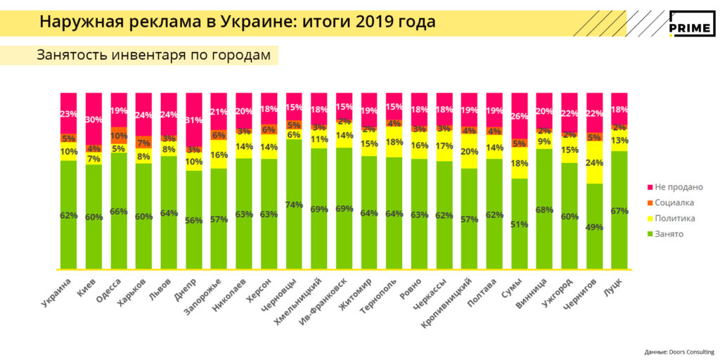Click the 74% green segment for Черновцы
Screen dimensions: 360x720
[x=294, y=204]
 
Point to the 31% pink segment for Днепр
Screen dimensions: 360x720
[x=194, y=120]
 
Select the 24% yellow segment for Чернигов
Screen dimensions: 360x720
[x=594, y=162]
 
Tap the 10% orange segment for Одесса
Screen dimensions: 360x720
[x=119, y=136]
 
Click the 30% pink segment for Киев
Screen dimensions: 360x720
[x=94, y=119]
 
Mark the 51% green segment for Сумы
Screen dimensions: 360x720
[x=519, y=224]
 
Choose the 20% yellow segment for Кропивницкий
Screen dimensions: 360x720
[x=469, y=151]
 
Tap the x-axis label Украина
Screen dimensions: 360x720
[x=56, y=291]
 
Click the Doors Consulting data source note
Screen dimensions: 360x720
[x=679, y=351]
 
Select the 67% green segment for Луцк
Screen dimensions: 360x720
[x=619, y=210]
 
